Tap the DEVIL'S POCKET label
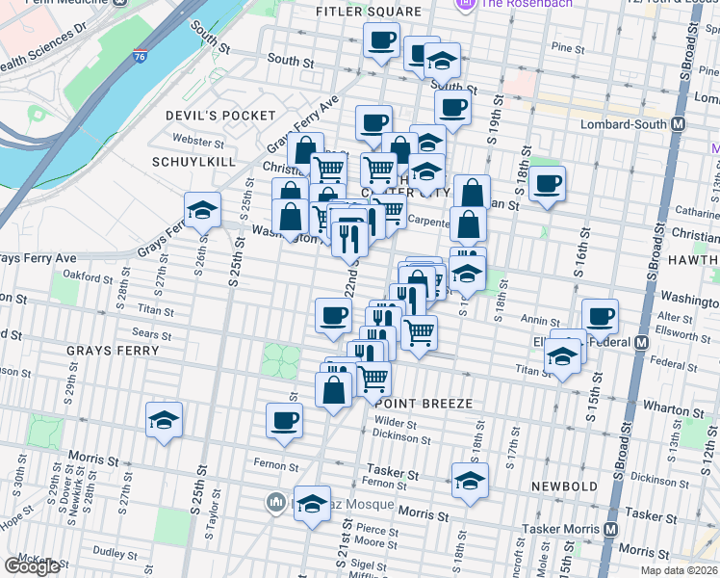(x=220, y=116)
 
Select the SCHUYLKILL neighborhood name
(x=193, y=162)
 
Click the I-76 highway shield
(x=141, y=58)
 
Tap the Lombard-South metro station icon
(x=679, y=124)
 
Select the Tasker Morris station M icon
(x=611, y=529)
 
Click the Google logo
(x=32, y=566)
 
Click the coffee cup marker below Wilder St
(x=285, y=421)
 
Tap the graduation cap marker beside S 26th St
(x=202, y=210)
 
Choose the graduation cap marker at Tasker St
(x=470, y=481)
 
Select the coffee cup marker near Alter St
(x=600, y=315)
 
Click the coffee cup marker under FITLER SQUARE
(x=381, y=41)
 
